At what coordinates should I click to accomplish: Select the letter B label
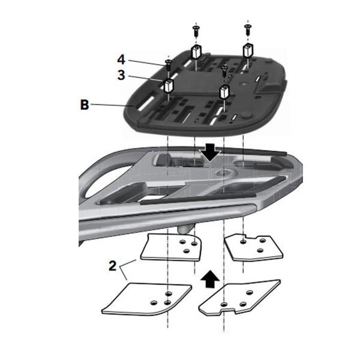(x=85, y=104)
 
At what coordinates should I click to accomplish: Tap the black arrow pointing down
(x=211, y=154)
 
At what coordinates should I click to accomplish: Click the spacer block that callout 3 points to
(x=169, y=86)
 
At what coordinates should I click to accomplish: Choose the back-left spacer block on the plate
(x=196, y=52)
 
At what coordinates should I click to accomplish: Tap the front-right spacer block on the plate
(x=225, y=92)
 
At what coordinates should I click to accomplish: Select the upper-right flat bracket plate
(x=254, y=245)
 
